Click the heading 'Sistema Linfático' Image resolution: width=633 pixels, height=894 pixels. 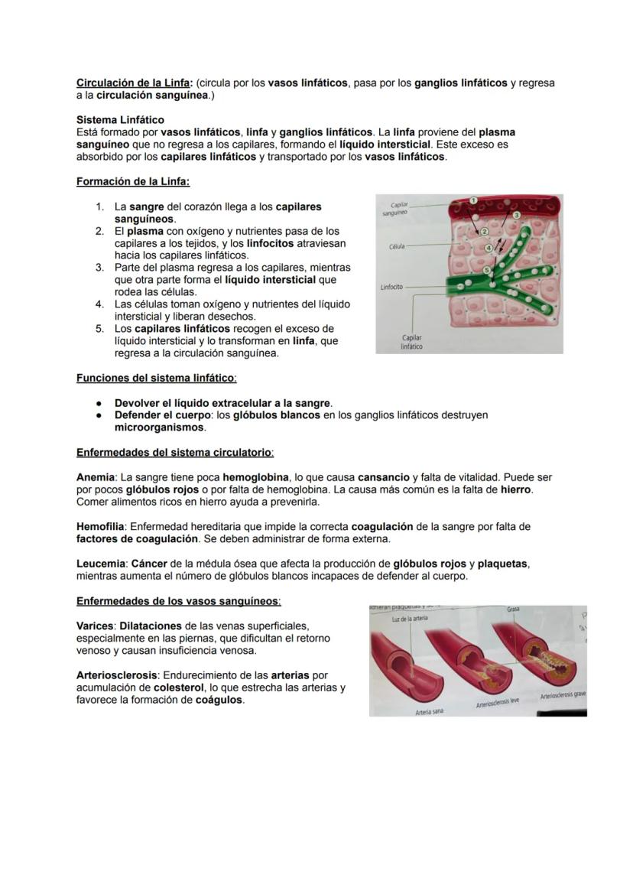tap(120, 120)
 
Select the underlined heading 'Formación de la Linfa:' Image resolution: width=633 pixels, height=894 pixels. tap(133, 181)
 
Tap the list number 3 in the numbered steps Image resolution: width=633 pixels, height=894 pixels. tap(99, 268)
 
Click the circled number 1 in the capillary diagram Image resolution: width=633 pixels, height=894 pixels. tap(474, 200)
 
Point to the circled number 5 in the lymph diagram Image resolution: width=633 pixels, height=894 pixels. tap(487, 270)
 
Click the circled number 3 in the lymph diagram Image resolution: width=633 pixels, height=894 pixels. tap(516, 216)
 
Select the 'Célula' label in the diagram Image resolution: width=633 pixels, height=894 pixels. tap(397, 247)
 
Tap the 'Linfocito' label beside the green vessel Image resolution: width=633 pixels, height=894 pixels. tap(391, 287)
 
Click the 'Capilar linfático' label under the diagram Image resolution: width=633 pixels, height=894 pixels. tap(411, 342)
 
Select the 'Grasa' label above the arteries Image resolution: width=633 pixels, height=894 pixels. tap(513, 610)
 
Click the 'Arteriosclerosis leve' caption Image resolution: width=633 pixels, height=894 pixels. tap(503, 703)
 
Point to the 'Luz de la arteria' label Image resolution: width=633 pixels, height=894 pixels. tap(409, 619)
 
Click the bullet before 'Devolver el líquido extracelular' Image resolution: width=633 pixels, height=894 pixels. tap(100, 403)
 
